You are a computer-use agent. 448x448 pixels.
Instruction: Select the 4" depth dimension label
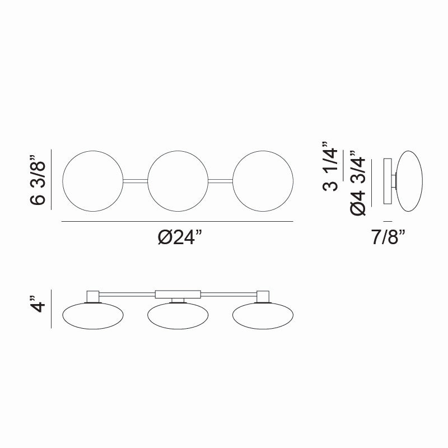pos(38,309)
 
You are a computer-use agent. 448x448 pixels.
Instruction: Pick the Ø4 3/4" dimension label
pos(359,183)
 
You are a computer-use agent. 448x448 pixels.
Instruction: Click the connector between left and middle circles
pos(136,180)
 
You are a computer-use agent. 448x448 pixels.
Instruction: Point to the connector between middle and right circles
pos(220,180)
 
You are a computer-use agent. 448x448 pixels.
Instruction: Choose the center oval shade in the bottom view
pos(178,316)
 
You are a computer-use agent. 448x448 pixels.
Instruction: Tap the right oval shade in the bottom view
pos(263,316)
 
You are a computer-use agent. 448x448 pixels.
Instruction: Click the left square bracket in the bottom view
pos(92,296)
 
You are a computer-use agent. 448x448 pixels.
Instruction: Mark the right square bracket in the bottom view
pos(263,296)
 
